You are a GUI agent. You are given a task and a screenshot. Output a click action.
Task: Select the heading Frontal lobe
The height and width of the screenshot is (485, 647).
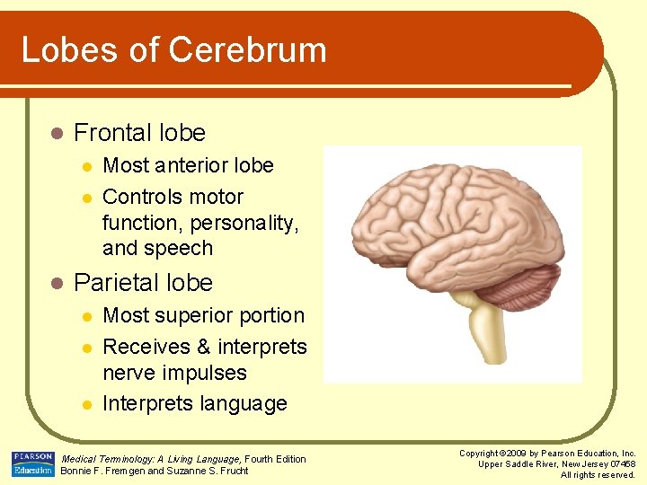139,133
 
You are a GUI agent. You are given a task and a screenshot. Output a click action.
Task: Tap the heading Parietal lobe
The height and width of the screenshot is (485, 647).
143,283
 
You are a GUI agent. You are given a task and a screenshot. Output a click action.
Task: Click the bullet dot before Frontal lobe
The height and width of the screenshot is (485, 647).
56,133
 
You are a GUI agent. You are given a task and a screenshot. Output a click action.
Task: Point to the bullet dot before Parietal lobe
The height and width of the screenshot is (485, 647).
56,283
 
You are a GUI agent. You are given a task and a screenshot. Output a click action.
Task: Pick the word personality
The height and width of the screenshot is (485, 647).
242,223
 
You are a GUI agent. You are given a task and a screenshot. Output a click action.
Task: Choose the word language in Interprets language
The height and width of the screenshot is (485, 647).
244,404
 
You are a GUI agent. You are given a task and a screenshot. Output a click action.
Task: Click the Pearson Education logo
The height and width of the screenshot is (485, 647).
32,463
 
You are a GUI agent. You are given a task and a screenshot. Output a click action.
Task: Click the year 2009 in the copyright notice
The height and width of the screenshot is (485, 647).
517,454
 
